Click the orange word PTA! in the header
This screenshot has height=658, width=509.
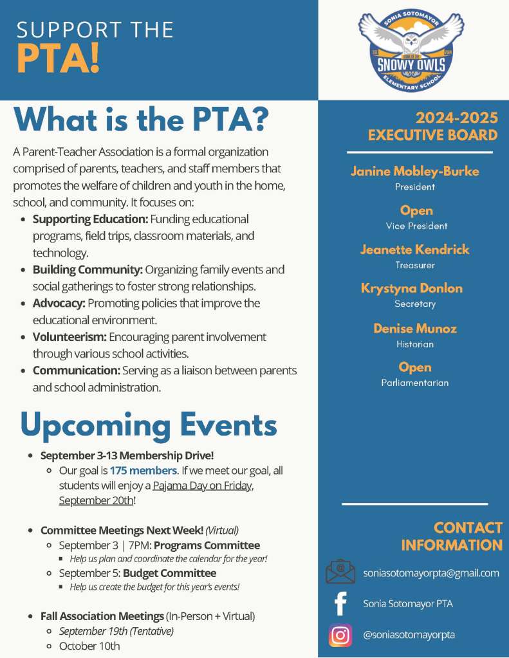[59, 59]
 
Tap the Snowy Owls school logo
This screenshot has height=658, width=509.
[414, 51]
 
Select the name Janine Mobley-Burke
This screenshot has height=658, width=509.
[414, 171]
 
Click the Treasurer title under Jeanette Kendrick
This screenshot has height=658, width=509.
[415, 265]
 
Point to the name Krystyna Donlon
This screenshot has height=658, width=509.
[412, 288]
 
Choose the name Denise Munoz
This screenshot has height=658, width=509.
[415, 328]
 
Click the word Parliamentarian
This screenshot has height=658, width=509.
[415, 383]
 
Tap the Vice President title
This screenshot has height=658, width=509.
[416, 226]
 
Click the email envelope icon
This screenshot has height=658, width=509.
[340, 572]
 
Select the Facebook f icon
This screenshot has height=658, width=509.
[340, 604]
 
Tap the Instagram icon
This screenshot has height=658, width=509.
[340, 635]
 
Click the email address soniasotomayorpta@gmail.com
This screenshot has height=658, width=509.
[431, 572]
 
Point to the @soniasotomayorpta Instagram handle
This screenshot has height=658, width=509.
[409, 635]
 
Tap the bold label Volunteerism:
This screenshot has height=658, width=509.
[69, 336]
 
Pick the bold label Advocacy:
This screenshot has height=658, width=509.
[59, 302]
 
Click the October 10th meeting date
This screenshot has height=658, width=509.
[89, 646]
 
